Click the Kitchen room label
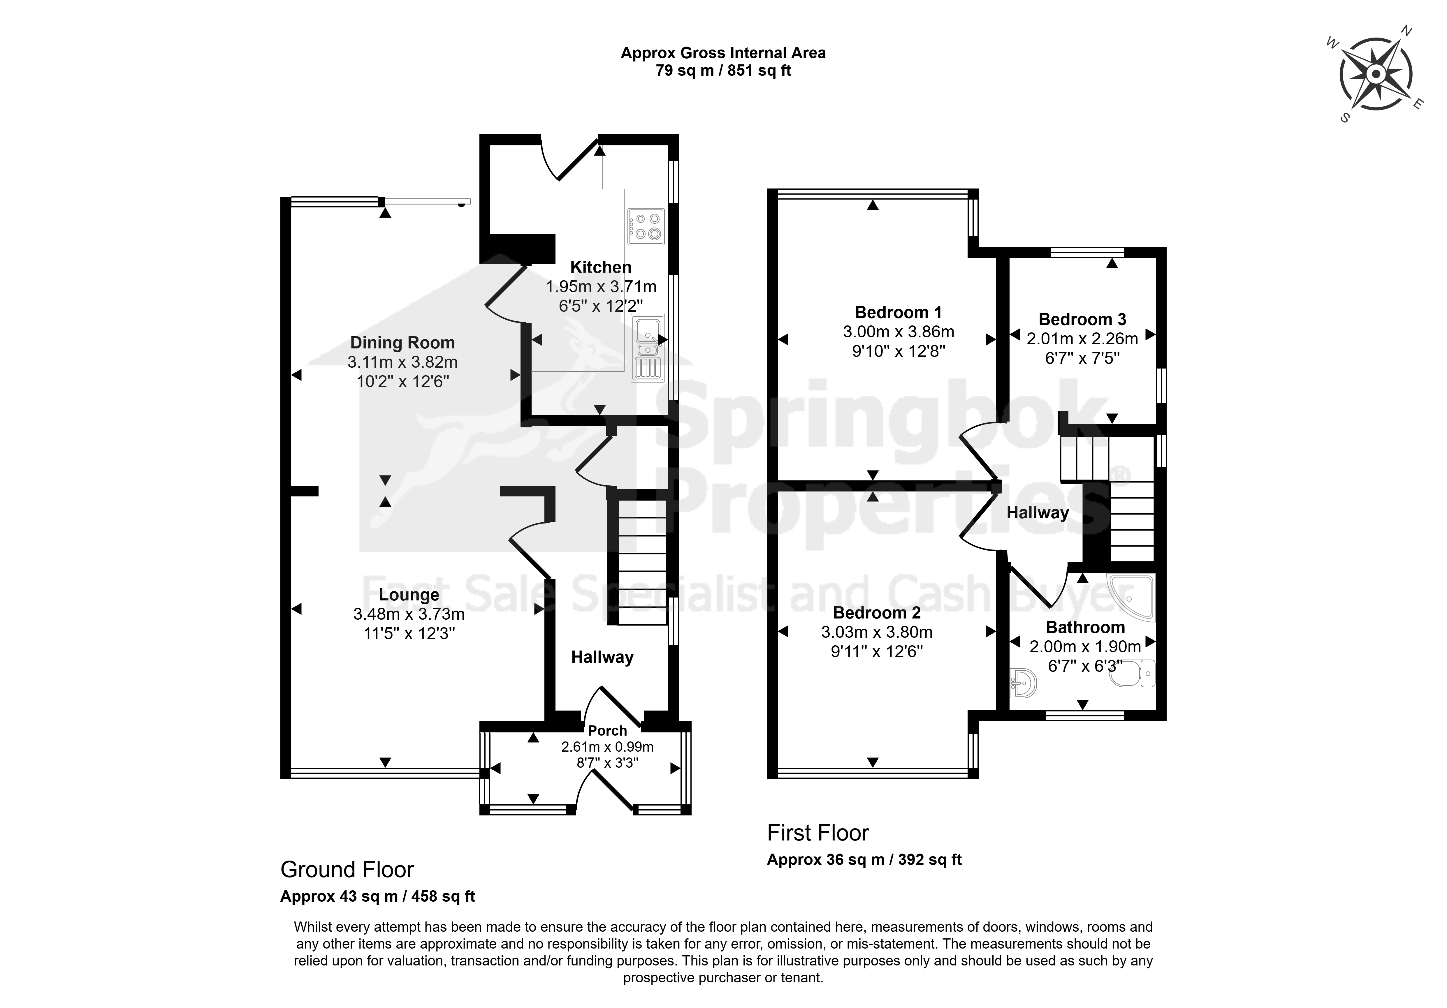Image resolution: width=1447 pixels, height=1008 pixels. (601, 267)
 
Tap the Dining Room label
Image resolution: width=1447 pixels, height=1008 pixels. (402, 343)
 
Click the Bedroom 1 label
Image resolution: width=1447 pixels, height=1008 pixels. (898, 313)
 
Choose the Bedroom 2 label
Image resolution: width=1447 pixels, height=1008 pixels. (877, 612)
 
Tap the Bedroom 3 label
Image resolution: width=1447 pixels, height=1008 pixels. (1082, 319)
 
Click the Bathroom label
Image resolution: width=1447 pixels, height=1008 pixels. (1085, 628)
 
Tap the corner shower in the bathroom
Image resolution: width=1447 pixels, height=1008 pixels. (1132, 596)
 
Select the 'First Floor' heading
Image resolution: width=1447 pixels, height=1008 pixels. (818, 833)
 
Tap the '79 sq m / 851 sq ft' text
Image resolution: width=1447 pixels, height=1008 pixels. (723, 71)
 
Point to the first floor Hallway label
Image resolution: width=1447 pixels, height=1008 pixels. (1037, 513)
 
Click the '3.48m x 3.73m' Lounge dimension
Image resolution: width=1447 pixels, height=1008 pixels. (409, 614)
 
